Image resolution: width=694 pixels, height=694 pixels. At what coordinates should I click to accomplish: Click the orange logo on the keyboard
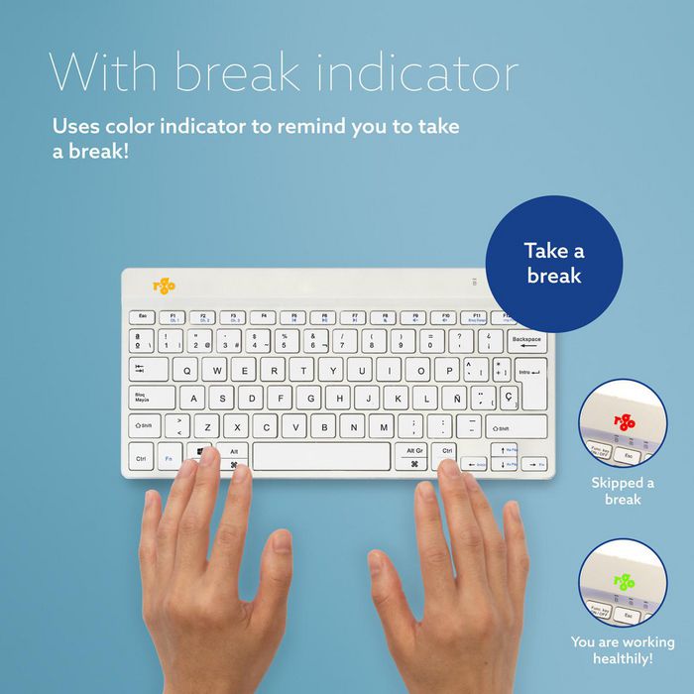click(x=164, y=287)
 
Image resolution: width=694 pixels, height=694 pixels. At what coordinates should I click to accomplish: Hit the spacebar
click(x=321, y=457)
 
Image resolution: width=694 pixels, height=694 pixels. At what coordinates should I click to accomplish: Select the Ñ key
click(x=452, y=399)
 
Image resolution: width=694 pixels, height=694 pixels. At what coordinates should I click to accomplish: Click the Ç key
click(x=508, y=397)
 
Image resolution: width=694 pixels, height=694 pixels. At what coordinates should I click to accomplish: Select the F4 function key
click(x=265, y=317)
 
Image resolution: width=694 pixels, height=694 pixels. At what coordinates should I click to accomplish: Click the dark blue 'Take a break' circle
click(x=553, y=264)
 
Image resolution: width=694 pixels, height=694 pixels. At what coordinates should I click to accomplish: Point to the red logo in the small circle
click(x=624, y=420)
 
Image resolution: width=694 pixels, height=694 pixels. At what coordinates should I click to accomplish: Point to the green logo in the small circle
click(x=624, y=582)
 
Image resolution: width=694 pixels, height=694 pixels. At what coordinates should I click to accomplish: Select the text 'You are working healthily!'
click(x=623, y=650)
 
